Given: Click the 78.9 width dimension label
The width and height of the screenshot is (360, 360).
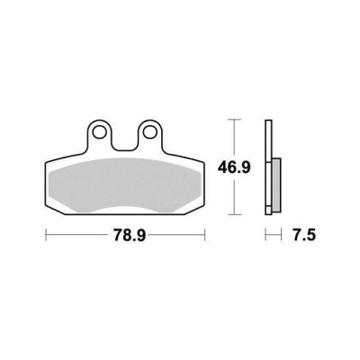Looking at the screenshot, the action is point(130,235).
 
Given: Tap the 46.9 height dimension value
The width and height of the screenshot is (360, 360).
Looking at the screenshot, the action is point(234,167).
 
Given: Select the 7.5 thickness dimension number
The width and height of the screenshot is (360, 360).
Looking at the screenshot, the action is point(304,235).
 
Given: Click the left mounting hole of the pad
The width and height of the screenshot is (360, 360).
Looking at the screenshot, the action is point(98,131).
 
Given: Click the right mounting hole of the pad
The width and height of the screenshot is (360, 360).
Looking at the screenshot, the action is point(148,131).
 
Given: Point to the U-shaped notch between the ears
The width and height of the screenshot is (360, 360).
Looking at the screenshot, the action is point(123,141).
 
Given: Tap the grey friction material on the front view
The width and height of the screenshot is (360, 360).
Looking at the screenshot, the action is point(124,184).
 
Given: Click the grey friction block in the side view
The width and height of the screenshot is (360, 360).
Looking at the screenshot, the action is point(276,185).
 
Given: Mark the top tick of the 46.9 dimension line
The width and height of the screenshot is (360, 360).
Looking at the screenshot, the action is point(234,120).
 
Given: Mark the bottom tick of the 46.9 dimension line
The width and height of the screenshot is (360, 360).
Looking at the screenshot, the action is point(234,214).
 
